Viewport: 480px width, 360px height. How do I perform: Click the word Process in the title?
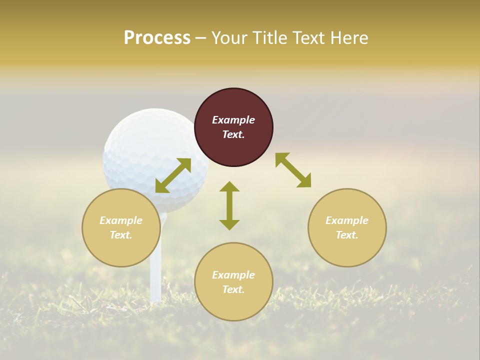pos(157,38)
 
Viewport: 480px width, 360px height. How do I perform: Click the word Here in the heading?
pos(350,38)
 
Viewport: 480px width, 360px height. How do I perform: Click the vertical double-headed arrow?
pos(229,205)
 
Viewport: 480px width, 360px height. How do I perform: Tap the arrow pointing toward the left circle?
pos(173,175)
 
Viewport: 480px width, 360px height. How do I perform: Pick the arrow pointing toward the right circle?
pos(293,170)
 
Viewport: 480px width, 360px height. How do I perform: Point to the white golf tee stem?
pos(156,280)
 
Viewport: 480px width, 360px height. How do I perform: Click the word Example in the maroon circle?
pos(233,120)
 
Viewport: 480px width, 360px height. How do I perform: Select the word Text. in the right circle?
pos(347,235)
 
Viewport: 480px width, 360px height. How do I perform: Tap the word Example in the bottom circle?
pos(233,275)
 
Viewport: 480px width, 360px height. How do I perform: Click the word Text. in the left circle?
pos(121,235)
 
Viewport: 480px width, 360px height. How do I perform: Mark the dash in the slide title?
pos(200,38)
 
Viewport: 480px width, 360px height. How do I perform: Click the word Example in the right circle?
pos(347,220)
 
